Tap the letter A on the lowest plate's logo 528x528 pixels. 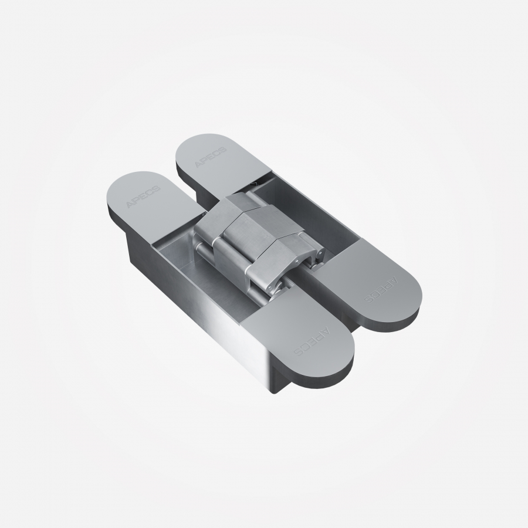click(327, 329)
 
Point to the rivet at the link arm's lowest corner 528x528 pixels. click(270, 287)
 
